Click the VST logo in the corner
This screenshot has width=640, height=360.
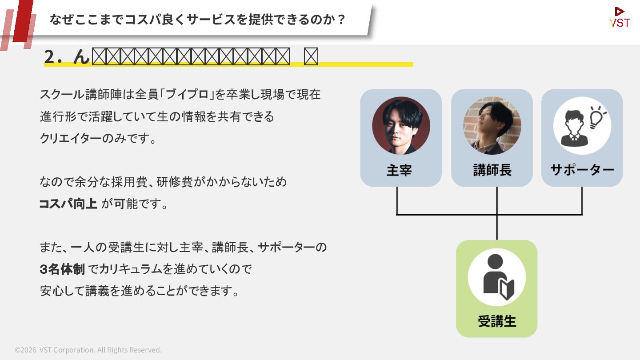620,17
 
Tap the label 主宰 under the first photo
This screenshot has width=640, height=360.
399,170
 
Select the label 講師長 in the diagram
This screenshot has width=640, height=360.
492,170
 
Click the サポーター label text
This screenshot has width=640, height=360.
582,170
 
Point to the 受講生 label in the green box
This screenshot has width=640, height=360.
497,321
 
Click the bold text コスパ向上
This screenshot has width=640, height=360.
68,204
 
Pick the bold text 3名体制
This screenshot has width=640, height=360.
62,269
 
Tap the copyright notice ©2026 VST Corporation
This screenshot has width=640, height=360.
88,350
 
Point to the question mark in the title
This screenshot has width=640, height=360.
341,20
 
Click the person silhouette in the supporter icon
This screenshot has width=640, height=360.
574,128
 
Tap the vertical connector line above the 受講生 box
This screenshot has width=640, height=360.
496,227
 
